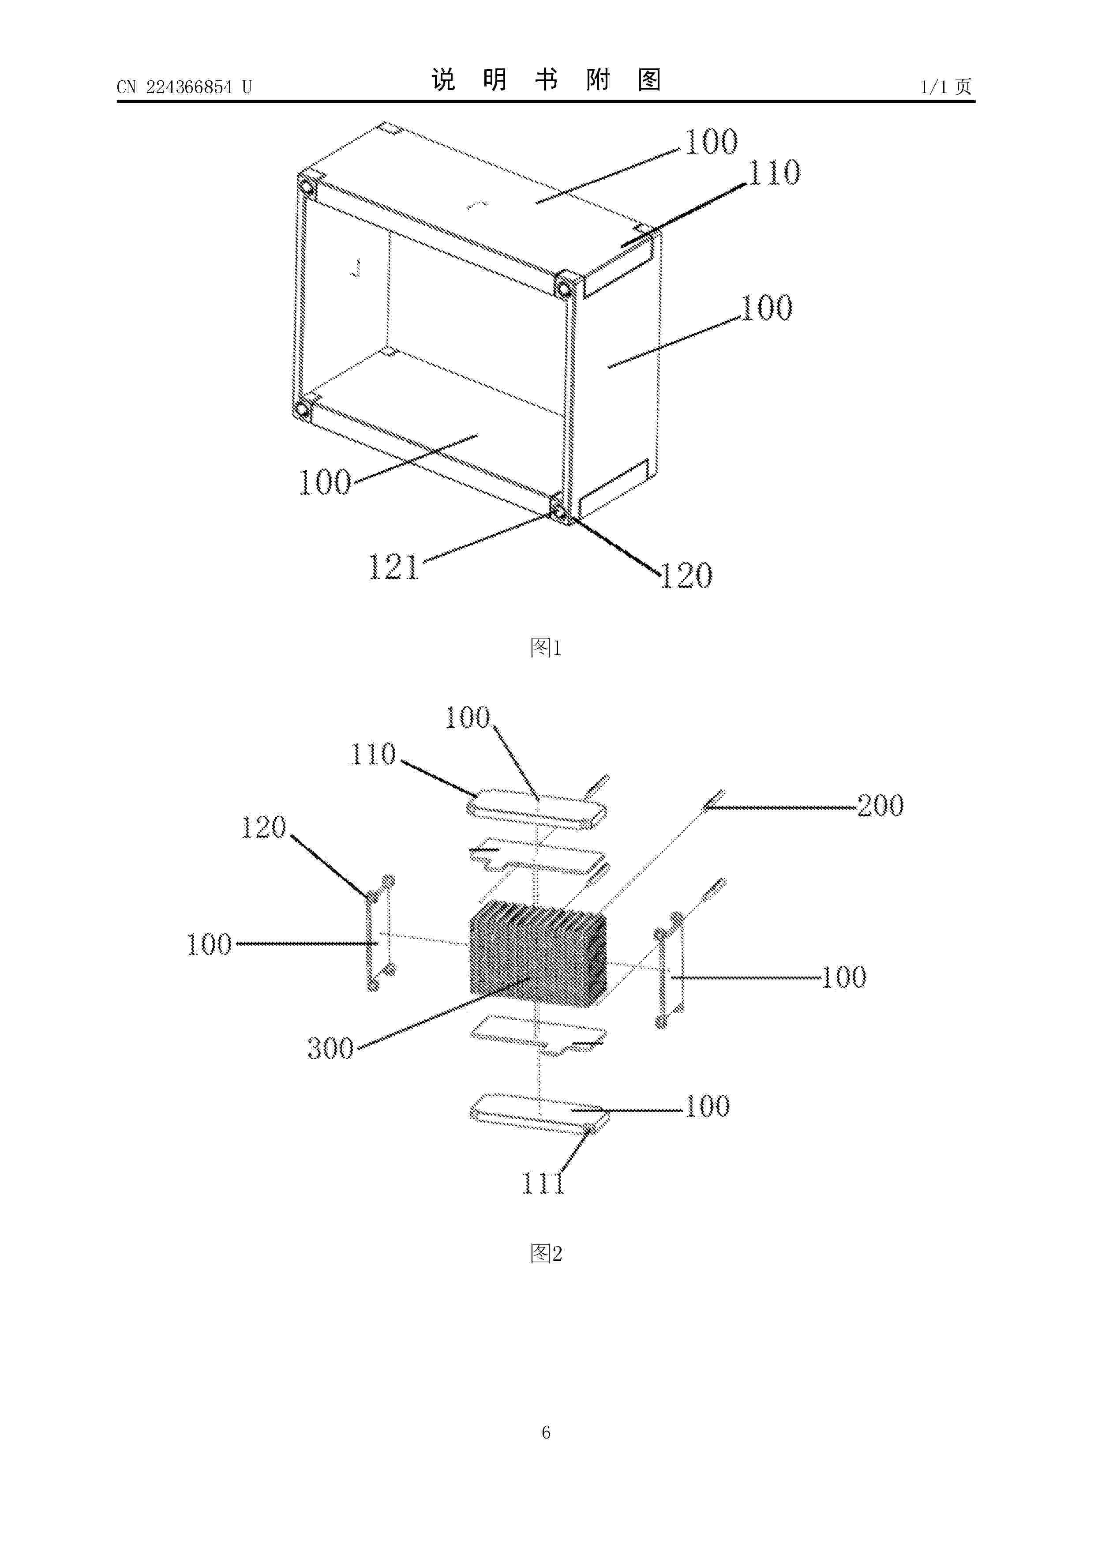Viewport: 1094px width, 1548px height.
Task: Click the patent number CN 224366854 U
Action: (184, 87)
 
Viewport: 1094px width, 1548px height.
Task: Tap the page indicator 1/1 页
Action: (946, 87)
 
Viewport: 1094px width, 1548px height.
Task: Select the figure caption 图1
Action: (546, 648)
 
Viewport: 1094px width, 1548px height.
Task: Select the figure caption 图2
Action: (546, 1253)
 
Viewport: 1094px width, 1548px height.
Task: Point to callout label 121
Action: (393, 567)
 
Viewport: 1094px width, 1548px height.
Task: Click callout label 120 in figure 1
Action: (686, 575)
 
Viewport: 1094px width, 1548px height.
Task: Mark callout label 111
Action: (543, 1183)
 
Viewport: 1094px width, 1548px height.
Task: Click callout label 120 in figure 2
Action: (263, 827)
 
